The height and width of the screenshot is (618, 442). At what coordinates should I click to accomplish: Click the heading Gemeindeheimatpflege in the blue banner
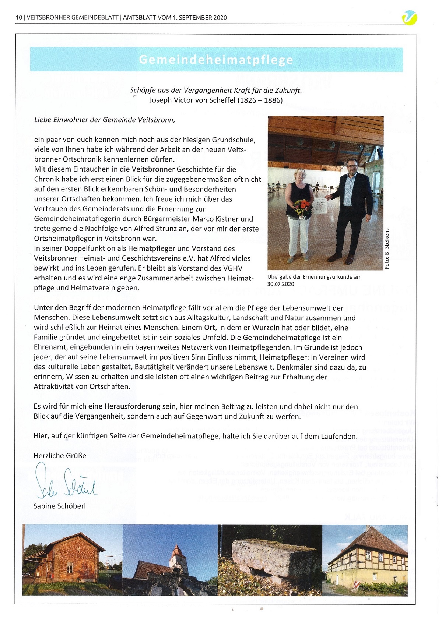[x=216, y=60]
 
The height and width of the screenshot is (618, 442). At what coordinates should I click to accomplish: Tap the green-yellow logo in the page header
[x=409, y=17]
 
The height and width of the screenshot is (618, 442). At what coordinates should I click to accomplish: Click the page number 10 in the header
[x=19, y=17]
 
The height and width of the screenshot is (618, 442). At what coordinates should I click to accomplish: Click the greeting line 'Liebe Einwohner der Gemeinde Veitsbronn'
[x=104, y=120]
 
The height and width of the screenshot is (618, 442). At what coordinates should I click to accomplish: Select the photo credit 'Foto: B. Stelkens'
[x=387, y=248]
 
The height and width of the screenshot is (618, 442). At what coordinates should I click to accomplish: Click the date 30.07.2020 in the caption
[x=281, y=284]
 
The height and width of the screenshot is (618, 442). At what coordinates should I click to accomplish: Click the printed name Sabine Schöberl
[x=59, y=506]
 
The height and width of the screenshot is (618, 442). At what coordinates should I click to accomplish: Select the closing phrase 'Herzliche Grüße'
[x=60, y=456]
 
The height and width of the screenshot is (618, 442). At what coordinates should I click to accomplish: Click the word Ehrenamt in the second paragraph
[x=50, y=347]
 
